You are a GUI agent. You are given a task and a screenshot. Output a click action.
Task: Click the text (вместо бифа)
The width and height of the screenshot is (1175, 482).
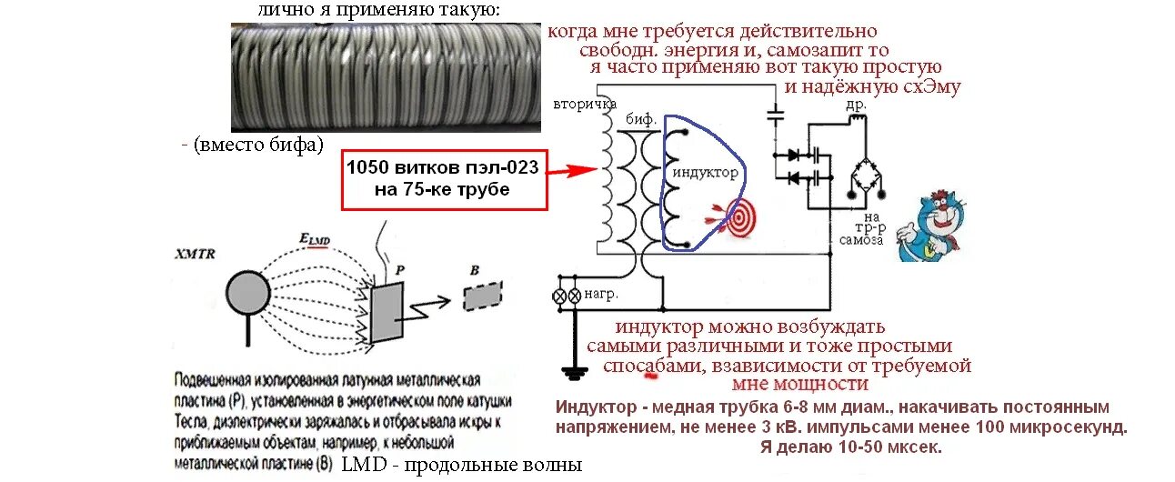pos(253,145)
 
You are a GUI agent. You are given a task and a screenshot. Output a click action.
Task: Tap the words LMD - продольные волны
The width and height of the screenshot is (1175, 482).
pos(461,466)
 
